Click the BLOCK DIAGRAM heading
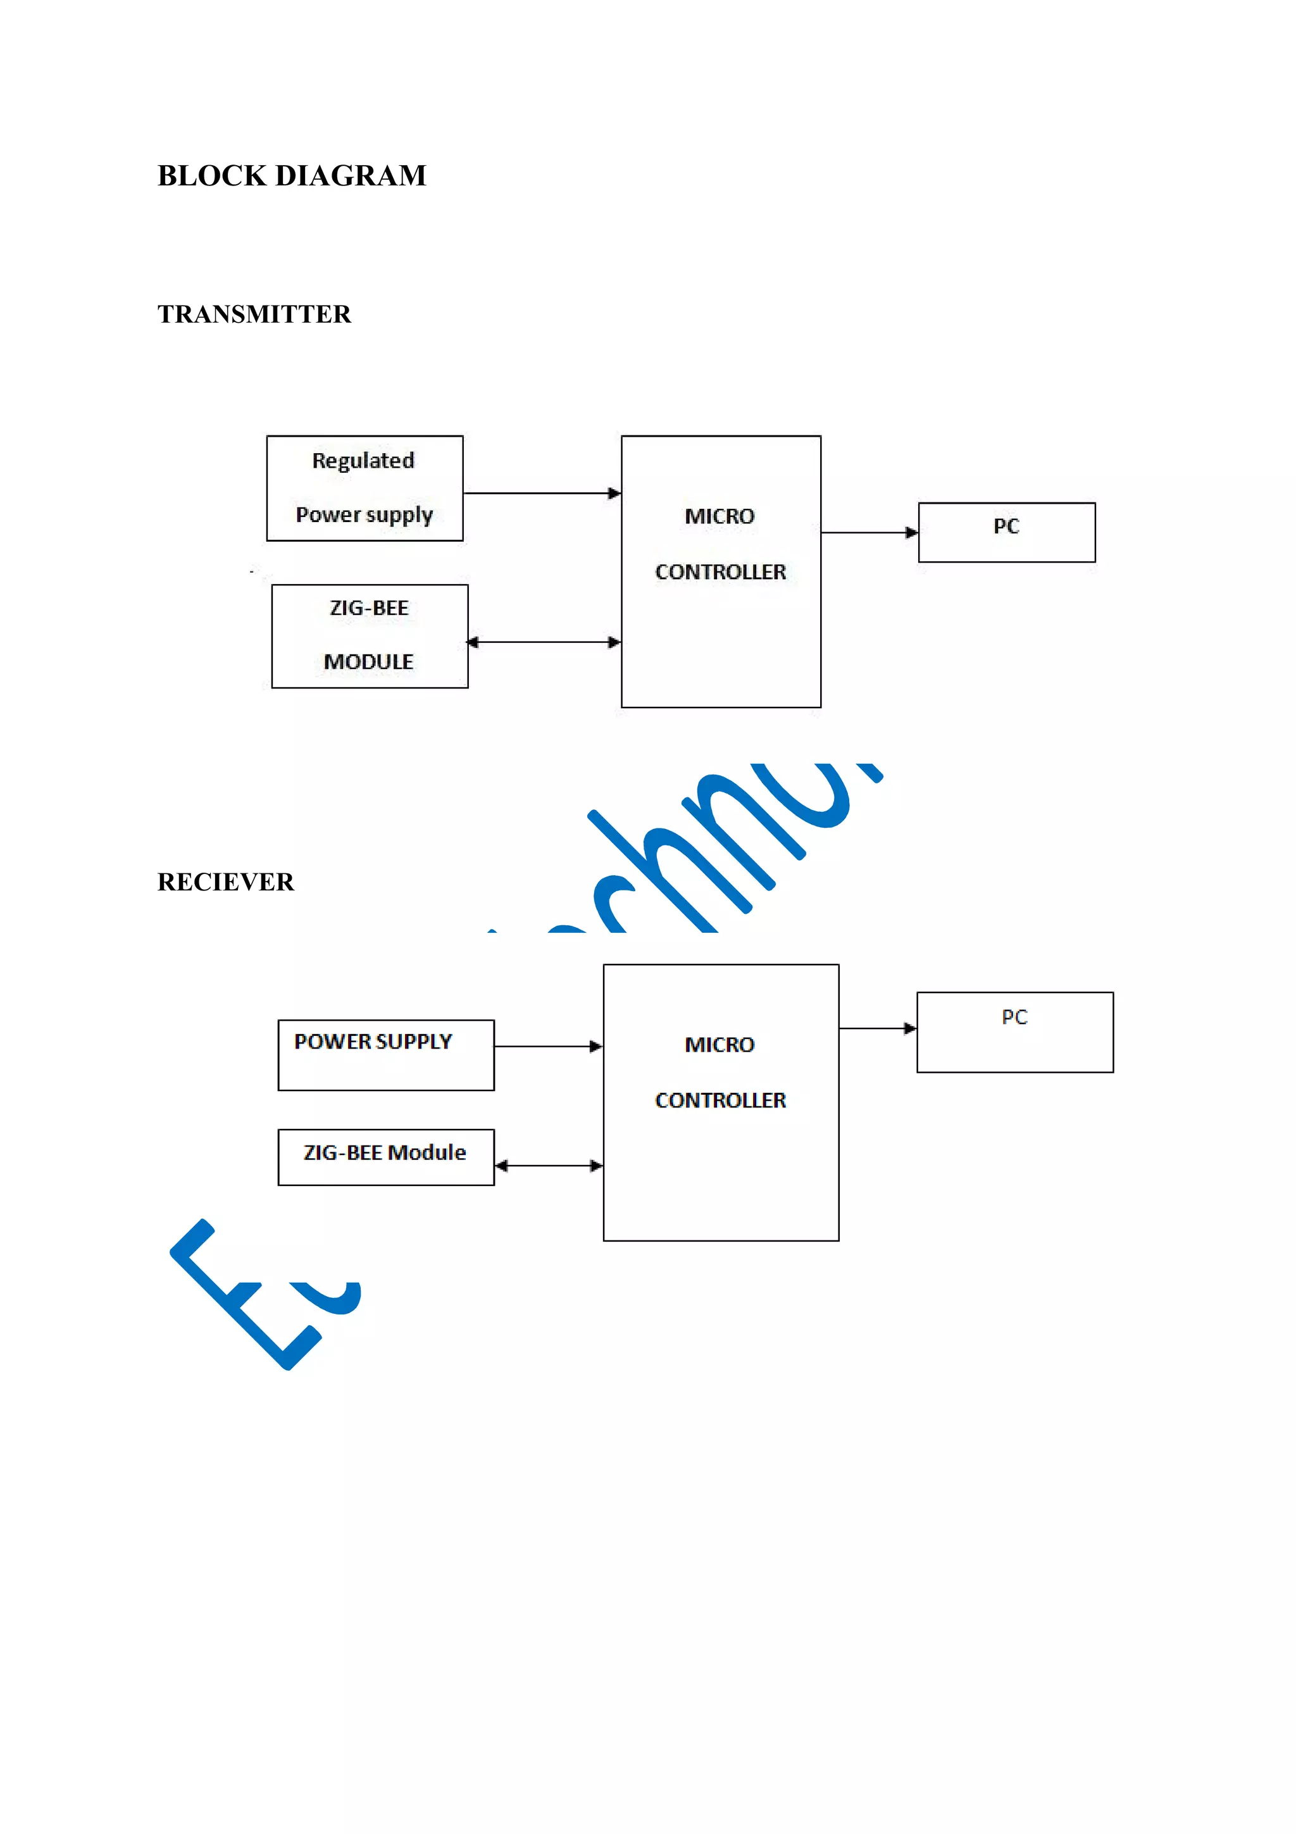tap(292, 176)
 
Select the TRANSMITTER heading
tap(254, 314)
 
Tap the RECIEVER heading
tap(226, 882)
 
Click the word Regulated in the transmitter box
tap(363, 461)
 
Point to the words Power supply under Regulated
tap(364, 515)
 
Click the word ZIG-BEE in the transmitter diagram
tap(369, 608)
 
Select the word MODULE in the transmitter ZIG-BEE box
tap(369, 661)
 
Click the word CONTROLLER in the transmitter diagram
tap(720, 572)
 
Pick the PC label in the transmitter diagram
tap(1006, 527)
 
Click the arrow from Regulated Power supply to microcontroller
tap(542, 493)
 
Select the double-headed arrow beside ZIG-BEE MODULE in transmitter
tap(544, 642)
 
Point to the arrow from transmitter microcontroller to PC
tap(869, 532)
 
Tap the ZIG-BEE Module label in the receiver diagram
tap(385, 1152)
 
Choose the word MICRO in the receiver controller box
tap(720, 1045)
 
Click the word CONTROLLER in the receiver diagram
tap(720, 1101)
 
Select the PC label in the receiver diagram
tap(1014, 1017)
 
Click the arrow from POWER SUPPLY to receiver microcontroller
tap(548, 1046)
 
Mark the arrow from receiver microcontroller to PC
tap(877, 1028)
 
